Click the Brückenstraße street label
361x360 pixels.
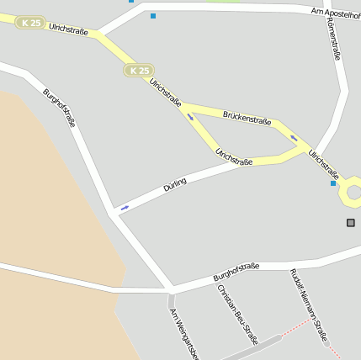click(x=247, y=117)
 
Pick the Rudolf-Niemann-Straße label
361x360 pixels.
click(x=308, y=306)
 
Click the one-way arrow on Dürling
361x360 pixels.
click(x=125, y=207)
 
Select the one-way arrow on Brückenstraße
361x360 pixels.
click(x=294, y=137)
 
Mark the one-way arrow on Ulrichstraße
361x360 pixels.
click(x=190, y=117)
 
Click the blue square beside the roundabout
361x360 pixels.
click(x=333, y=183)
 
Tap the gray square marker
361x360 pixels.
click(x=351, y=222)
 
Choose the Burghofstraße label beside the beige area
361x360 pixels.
click(x=59, y=107)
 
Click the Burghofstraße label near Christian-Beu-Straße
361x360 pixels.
click(x=236, y=272)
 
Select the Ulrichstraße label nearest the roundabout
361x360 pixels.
click(x=323, y=163)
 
